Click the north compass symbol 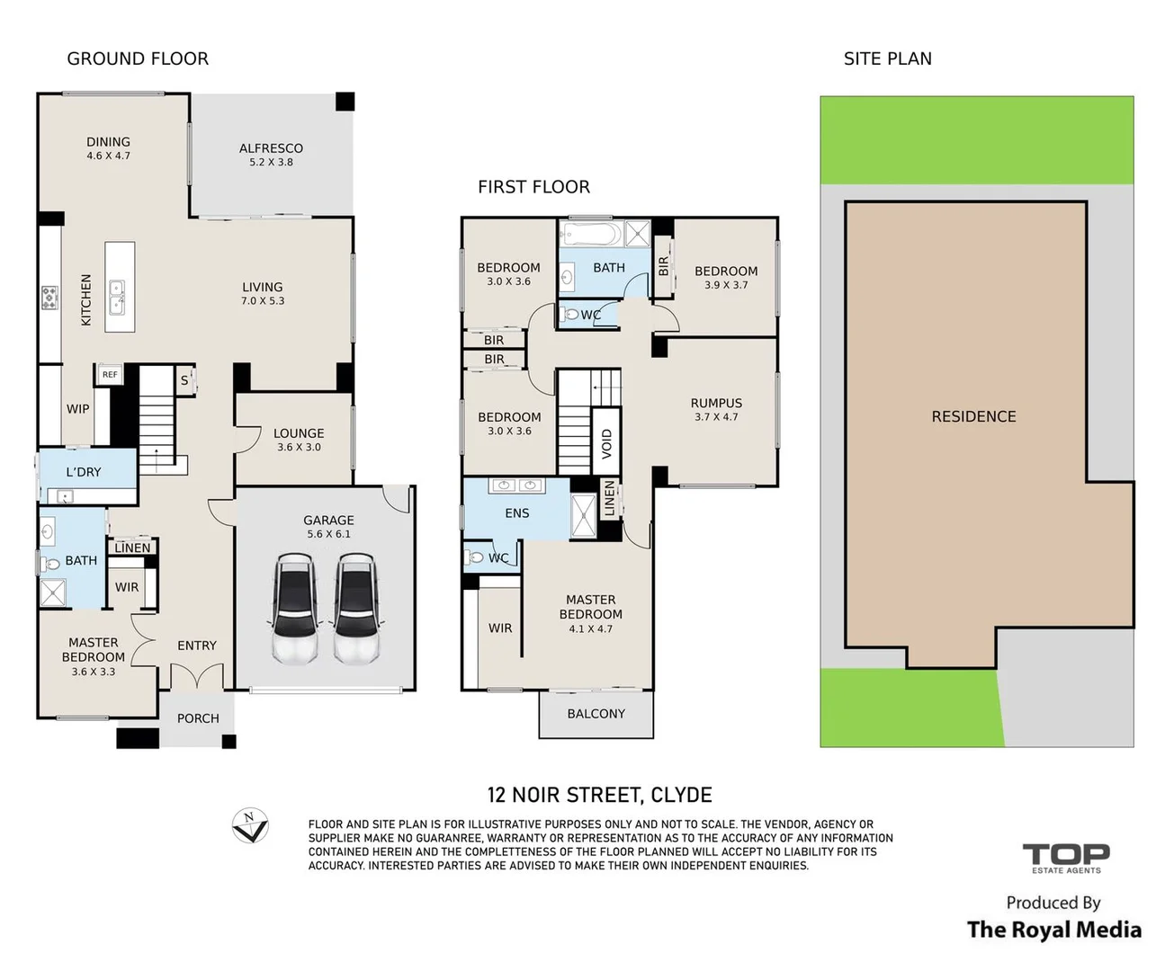(250, 825)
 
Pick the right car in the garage (356, 608)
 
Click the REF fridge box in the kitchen (110, 374)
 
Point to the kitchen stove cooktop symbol (50, 297)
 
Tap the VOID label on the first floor (606, 443)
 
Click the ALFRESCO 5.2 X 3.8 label (271, 155)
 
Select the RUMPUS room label (716, 403)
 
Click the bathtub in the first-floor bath (592, 234)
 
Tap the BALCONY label (596, 714)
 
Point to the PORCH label (198, 718)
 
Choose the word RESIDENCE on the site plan (973, 416)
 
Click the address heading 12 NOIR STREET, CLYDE (599, 795)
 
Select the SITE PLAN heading (888, 58)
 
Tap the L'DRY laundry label (83, 472)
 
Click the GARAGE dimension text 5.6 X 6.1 (328, 534)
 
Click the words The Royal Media (1054, 930)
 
